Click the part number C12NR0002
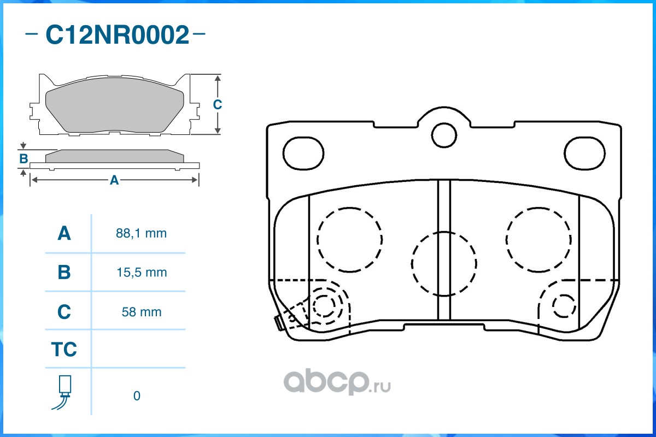tap(116, 36)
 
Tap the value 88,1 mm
tap(141, 234)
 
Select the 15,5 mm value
tap(141, 272)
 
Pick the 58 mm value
tap(141, 312)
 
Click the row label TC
tap(64, 350)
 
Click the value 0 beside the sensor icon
tap(137, 396)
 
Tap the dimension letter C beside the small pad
tap(217, 104)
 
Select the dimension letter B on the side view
tap(24, 159)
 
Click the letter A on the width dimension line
tap(114, 180)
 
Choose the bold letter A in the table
tap(64, 234)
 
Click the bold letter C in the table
tap(64, 312)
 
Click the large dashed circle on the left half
tap(350, 240)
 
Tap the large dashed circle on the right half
tap(538, 240)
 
